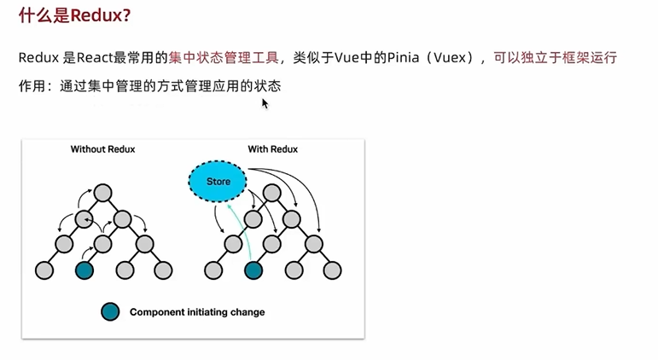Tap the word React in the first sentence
[x=94, y=58]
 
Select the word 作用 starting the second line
[x=32, y=86]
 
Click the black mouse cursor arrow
[x=265, y=103]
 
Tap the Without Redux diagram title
[x=102, y=149]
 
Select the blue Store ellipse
[x=218, y=181]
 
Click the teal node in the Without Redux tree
[x=84, y=270]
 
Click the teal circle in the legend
[x=109, y=311]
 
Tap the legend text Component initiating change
[x=196, y=312]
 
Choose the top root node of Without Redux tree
[x=103, y=192]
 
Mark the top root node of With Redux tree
[x=272, y=192]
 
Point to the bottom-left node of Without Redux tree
[x=44, y=270]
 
